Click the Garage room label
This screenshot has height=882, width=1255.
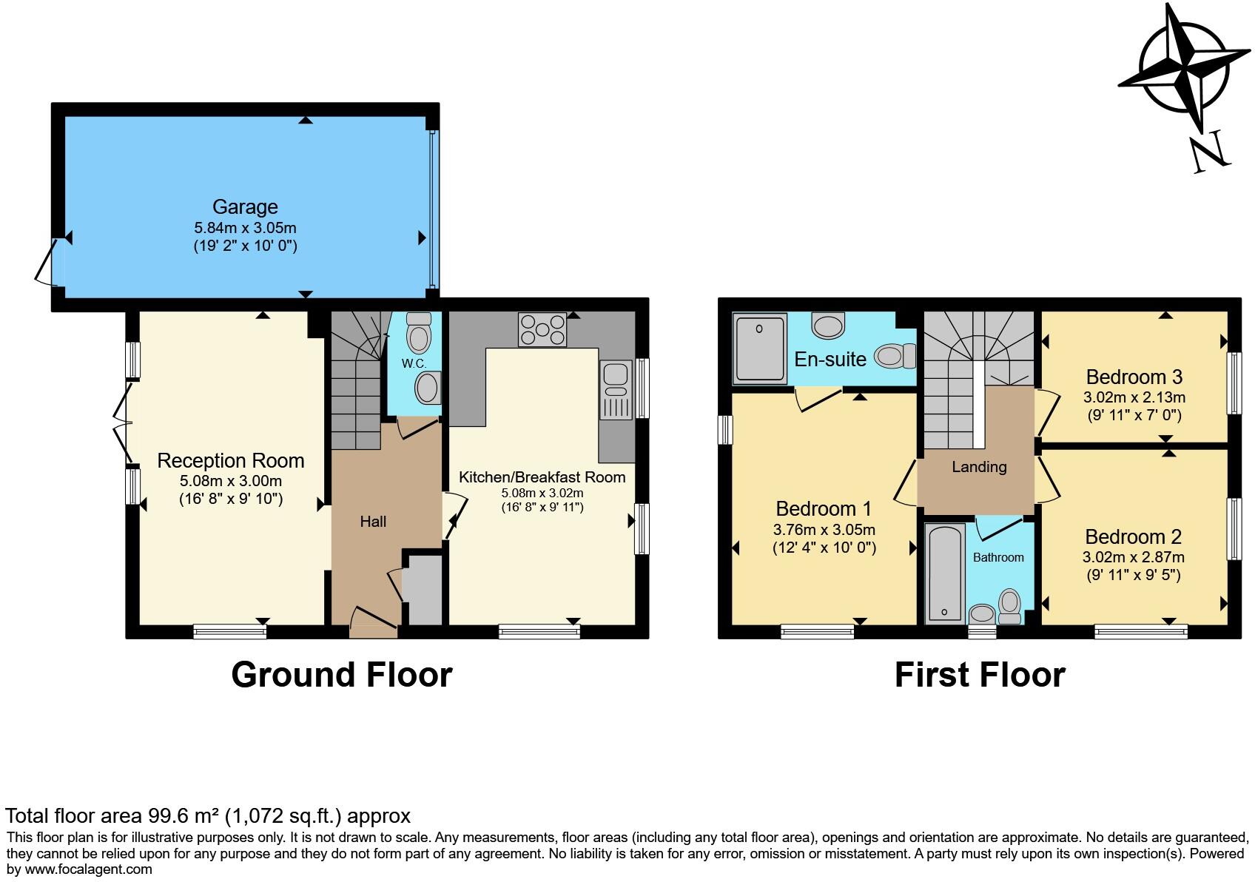pos(245,206)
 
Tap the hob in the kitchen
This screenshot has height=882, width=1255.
pos(542,329)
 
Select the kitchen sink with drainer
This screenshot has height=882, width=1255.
pos(616,389)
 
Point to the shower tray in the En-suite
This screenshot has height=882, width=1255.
pos(760,349)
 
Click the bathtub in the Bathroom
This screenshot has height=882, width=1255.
pos(945,573)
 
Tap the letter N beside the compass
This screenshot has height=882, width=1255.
pos(1209,152)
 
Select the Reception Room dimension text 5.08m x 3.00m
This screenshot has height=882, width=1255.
pos(231,481)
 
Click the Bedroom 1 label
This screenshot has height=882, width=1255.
pos(824,509)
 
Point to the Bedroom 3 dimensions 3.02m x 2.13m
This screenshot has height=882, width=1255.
pos(1134,397)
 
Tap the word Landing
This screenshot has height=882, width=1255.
pos(979,467)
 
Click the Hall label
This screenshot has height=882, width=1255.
pos(373,522)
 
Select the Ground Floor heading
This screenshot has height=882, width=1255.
pos(342,675)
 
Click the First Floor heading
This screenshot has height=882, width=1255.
pos(980,675)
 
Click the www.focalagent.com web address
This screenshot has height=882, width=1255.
pos(89,869)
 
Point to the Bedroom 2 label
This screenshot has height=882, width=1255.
pos(1134,536)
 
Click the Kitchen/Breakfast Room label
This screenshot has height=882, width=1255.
pos(542,477)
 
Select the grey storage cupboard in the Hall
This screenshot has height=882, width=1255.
pos(423,590)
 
